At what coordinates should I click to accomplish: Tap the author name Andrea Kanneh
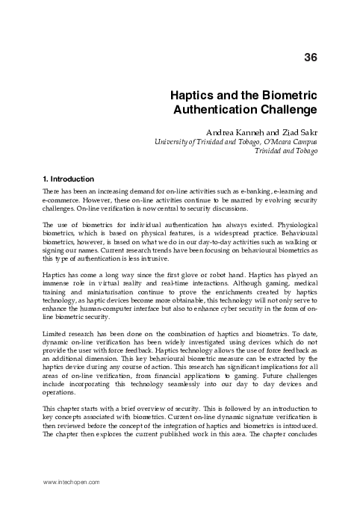(x=239, y=131)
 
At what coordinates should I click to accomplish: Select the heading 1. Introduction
(x=67, y=179)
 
